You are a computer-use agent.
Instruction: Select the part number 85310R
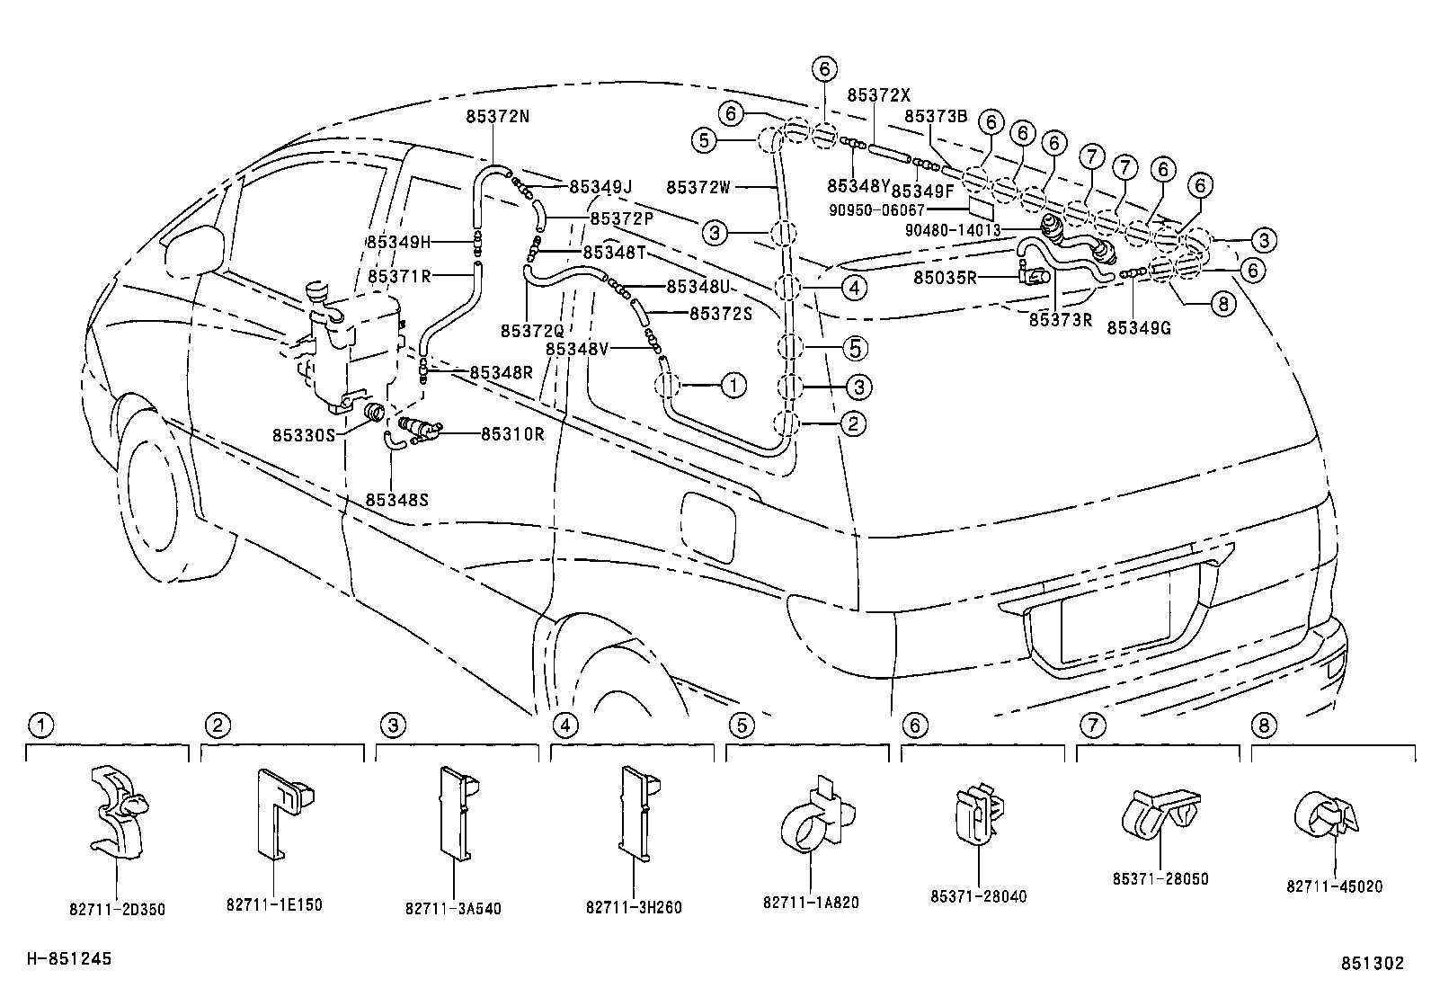[x=512, y=434]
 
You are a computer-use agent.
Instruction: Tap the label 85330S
[x=304, y=434]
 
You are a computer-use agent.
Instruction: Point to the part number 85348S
[x=396, y=499]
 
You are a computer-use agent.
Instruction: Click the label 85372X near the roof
[x=878, y=94]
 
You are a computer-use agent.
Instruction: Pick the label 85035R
[x=945, y=278]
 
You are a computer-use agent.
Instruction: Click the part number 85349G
[x=1138, y=328]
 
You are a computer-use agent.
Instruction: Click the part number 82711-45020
[x=1334, y=886]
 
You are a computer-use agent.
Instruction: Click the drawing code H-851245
[x=68, y=959]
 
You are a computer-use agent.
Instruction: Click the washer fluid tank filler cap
[x=319, y=292]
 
